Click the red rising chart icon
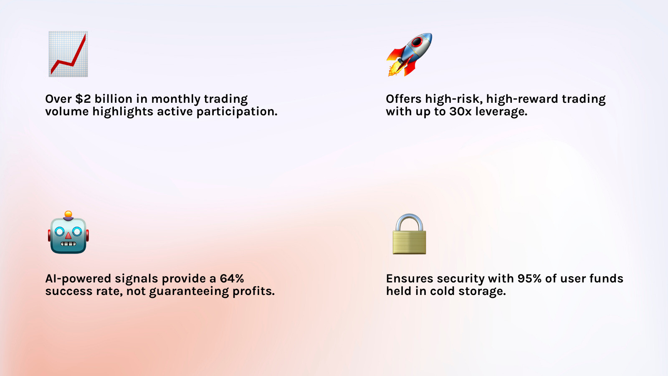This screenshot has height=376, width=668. point(68,54)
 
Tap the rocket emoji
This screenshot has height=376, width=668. point(409,54)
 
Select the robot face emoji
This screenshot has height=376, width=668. point(68,232)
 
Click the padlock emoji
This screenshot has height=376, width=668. point(409,234)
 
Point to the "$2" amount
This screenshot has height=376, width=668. point(83,99)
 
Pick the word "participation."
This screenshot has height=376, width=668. point(237,112)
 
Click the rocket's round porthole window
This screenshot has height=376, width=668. point(417,42)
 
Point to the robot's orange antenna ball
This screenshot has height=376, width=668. point(68,214)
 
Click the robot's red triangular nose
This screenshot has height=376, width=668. point(68,236)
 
